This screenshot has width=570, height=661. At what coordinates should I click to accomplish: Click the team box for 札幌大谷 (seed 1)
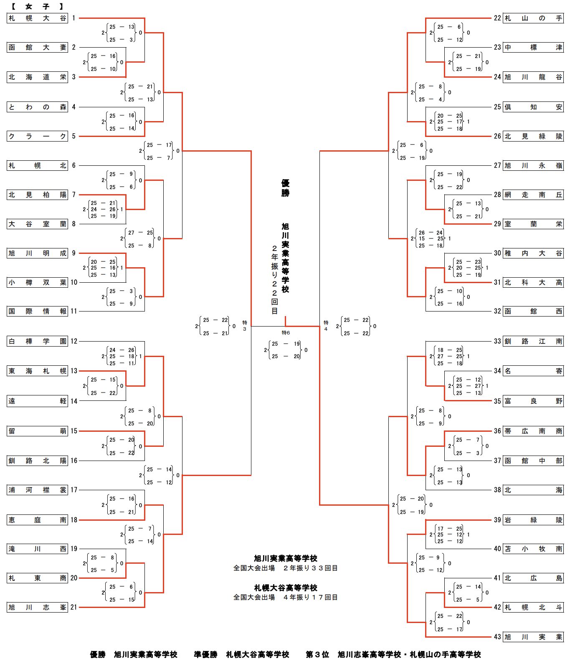point(37,18)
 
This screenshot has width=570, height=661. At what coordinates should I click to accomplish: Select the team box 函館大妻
point(37,48)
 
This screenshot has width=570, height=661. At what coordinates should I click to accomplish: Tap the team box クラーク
point(37,136)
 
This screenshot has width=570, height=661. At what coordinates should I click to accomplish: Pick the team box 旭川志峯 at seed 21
point(37,608)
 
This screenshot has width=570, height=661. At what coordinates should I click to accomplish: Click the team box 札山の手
point(533,18)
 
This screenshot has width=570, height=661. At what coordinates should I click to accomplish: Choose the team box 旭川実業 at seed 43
point(533,637)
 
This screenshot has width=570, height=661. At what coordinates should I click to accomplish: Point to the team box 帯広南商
point(533,431)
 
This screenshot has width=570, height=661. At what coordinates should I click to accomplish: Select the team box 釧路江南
point(533,342)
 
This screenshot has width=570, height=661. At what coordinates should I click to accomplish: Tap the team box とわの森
point(37,107)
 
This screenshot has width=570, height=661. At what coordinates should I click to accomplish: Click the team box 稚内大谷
point(533,253)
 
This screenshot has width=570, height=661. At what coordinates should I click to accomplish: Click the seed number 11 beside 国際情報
point(73,311)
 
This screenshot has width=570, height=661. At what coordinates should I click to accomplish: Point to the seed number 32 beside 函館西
point(497,311)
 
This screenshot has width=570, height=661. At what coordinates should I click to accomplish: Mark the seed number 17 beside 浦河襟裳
point(73,490)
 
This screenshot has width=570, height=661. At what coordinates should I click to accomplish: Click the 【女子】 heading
point(37,7)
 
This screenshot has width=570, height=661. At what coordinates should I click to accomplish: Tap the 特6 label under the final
point(286,333)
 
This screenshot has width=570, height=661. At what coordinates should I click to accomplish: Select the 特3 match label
point(245,326)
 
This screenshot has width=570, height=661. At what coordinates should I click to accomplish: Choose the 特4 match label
point(326,326)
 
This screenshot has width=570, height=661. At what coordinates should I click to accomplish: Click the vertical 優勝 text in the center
point(285,188)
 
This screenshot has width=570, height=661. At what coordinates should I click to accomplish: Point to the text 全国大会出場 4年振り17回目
point(286,598)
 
